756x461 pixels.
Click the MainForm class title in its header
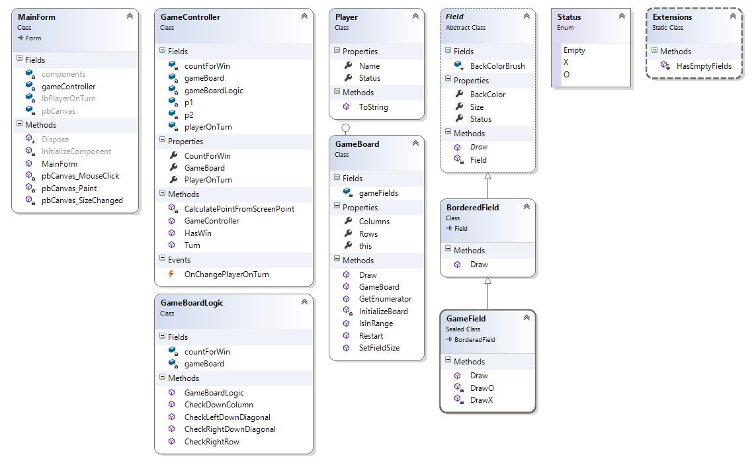pos(37,17)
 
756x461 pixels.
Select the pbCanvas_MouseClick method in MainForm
pos(80,176)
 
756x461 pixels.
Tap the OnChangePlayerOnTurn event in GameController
pos(226,274)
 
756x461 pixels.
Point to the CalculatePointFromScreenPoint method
pos(239,208)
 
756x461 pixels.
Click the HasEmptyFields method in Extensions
pos(704,66)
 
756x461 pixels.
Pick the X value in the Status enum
pos(566,62)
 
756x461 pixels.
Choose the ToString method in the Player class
pos(373,107)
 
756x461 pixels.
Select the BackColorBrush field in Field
pos(497,66)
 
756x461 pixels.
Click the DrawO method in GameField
pos(482,388)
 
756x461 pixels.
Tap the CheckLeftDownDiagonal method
pos(227,417)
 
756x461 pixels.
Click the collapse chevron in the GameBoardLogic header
pos(304,302)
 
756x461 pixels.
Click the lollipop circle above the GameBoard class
pos(345,128)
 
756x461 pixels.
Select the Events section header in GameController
pos(179,260)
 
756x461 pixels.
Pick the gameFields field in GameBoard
pos(378,193)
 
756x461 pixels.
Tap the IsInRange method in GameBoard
pos(376,323)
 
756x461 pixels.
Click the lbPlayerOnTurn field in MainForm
pos(68,99)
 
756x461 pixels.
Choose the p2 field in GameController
pos(189,114)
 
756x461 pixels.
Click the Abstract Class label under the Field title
pos(471,28)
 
